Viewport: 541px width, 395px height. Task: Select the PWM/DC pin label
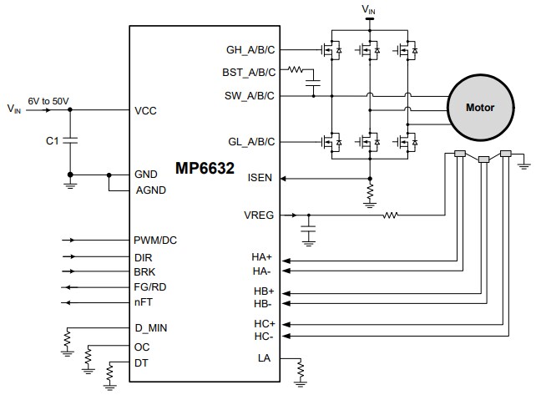point(155,241)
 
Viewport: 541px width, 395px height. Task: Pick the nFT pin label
point(143,302)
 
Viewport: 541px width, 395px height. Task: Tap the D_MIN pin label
point(150,327)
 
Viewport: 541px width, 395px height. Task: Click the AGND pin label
point(150,189)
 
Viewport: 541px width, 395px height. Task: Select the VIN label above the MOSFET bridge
point(369,9)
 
